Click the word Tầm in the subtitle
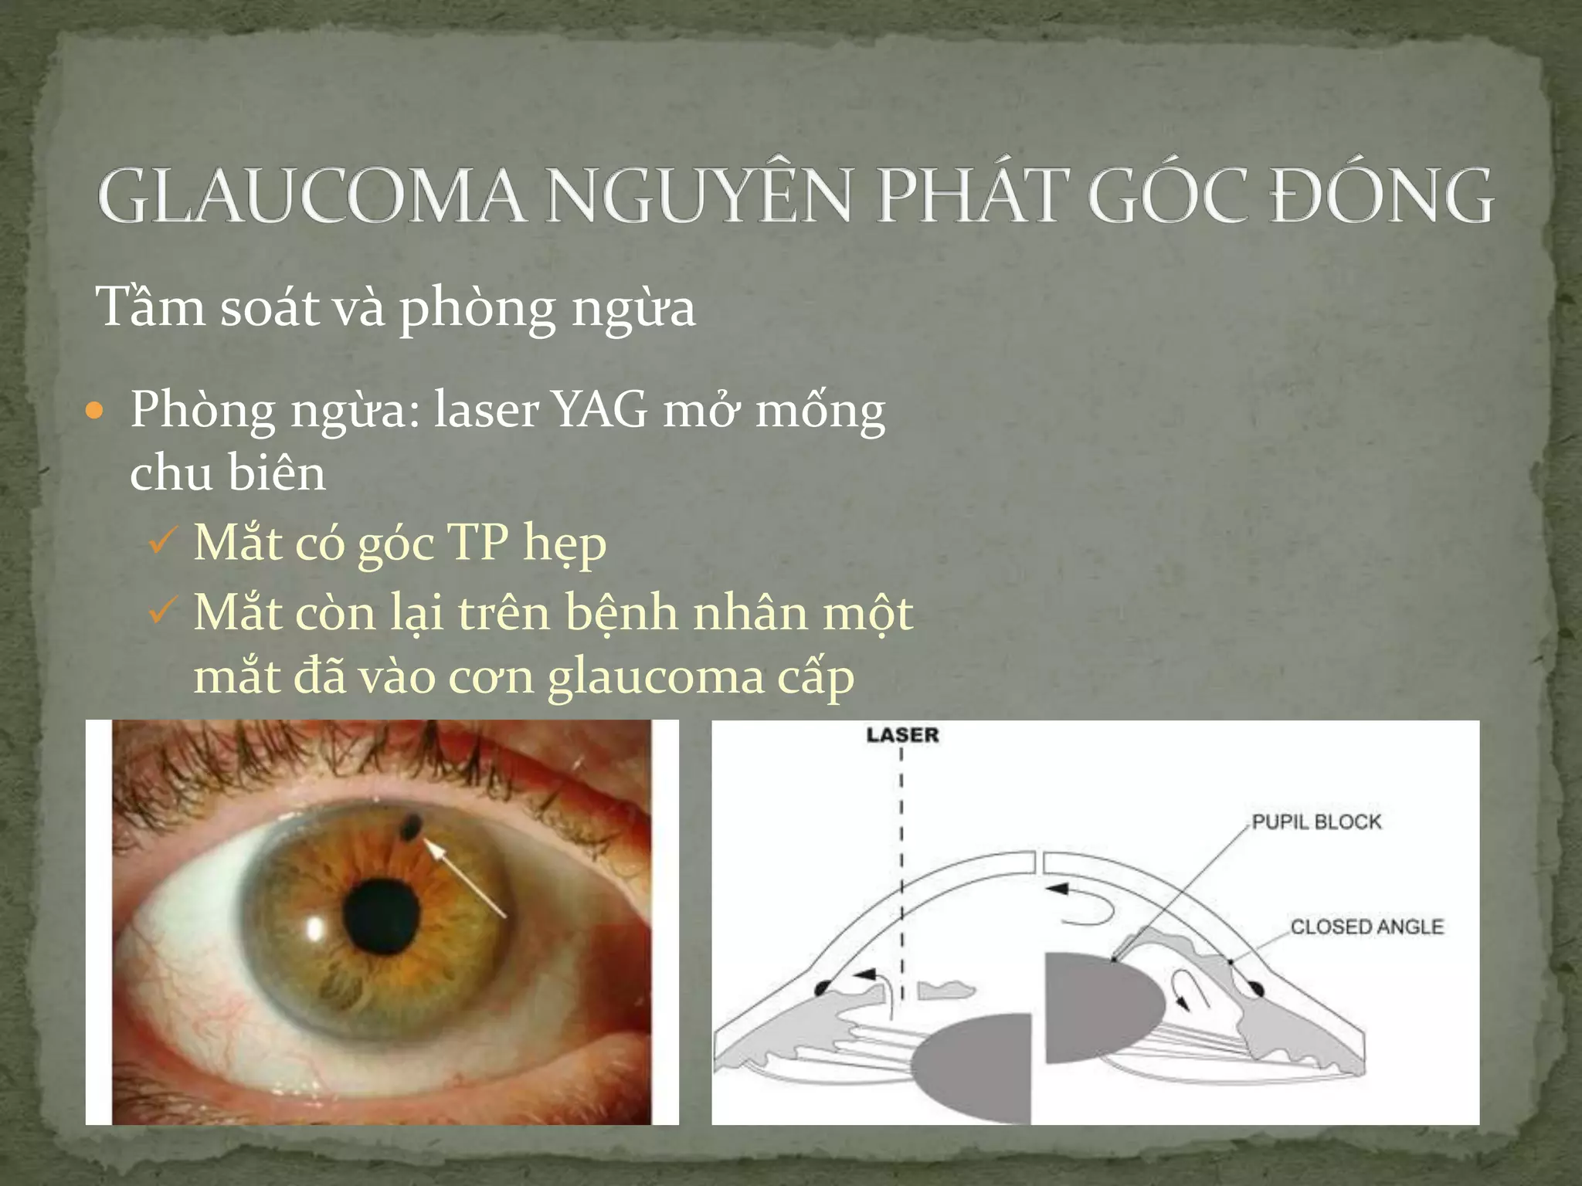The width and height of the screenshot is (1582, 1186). point(150,307)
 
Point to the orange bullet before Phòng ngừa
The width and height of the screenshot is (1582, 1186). point(95,412)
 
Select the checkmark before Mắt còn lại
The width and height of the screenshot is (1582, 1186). point(163,612)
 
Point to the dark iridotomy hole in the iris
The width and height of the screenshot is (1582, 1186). point(409,828)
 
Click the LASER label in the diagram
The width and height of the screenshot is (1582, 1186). point(902,735)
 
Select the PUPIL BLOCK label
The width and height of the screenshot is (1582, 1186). point(1316,822)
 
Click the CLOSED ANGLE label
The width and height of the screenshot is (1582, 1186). point(1366,927)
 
